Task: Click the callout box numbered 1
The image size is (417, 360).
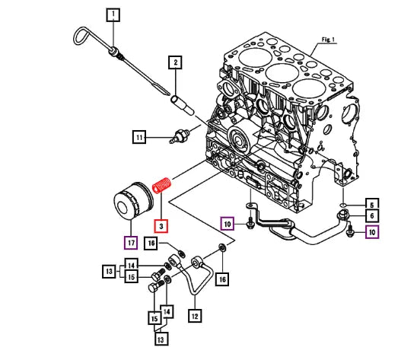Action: tap(113, 15)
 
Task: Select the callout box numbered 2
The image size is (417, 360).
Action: tap(175, 62)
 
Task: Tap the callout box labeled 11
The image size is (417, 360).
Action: tap(139, 137)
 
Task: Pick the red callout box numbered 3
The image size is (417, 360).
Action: tap(161, 226)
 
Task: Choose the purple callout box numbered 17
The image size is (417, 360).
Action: tap(131, 243)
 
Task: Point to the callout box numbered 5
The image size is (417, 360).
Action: tap(372, 204)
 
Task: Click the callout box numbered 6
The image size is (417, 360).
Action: tap(372, 216)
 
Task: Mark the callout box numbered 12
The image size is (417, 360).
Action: tap(195, 316)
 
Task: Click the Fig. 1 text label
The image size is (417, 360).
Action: tap(328, 40)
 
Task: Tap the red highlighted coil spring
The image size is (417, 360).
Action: tap(161, 185)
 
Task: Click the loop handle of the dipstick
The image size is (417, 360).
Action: tap(81, 35)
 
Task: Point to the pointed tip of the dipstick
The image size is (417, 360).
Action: tap(169, 94)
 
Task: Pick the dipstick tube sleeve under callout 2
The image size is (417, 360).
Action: tap(183, 105)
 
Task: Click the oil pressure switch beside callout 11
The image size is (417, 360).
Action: tap(180, 135)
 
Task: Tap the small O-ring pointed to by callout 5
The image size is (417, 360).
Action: tap(343, 205)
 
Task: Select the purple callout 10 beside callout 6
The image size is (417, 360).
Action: tap(372, 232)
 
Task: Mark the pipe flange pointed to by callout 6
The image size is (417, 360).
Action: tap(343, 215)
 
